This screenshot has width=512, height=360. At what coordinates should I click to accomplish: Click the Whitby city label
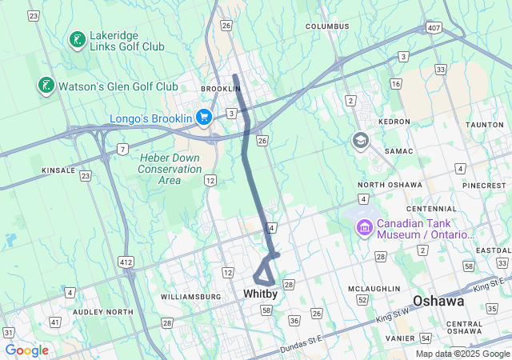261,294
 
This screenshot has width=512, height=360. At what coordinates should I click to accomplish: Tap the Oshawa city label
438,302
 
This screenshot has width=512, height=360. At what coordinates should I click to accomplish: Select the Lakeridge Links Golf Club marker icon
78,40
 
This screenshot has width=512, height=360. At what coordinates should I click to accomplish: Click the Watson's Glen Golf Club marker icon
46,86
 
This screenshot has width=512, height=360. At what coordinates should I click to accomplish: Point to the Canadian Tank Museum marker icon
365,229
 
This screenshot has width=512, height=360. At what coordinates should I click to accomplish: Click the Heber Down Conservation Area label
170,169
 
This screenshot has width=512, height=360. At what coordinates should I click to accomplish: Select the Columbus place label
327,26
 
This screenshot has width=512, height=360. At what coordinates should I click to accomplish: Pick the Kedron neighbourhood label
394,122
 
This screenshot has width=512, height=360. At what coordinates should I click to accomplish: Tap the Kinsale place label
58,170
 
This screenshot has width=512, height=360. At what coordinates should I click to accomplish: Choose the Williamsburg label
190,297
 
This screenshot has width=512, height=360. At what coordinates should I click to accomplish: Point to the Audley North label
102,312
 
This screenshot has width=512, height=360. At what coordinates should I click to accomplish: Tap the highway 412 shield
126,262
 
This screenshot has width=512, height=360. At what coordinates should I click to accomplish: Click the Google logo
26,350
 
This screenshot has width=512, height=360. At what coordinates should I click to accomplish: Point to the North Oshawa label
394,185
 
